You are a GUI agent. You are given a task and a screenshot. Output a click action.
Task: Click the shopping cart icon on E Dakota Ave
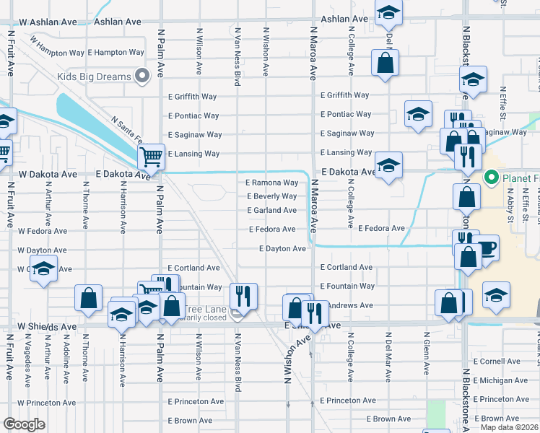click(x=151, y=155)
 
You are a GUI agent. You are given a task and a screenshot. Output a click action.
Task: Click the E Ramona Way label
click(x=272, y=183)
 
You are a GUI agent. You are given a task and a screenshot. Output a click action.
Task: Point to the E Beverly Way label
click(x=272, y=196)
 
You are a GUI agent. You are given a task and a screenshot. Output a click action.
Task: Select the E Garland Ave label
click(x=272, y=211)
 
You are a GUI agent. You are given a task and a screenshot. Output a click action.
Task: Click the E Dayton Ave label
click(x=283, y=249)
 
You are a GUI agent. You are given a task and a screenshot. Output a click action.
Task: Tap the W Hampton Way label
click(x=51, y=53)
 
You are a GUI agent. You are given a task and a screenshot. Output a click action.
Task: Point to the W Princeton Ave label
click(x=47, y=403)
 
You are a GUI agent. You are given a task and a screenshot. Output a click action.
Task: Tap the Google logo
click(x=24, y=424)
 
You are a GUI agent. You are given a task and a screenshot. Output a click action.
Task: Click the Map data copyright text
click(x=510, y=427)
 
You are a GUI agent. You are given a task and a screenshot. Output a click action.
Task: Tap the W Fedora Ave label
click(x=43, y=232)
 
